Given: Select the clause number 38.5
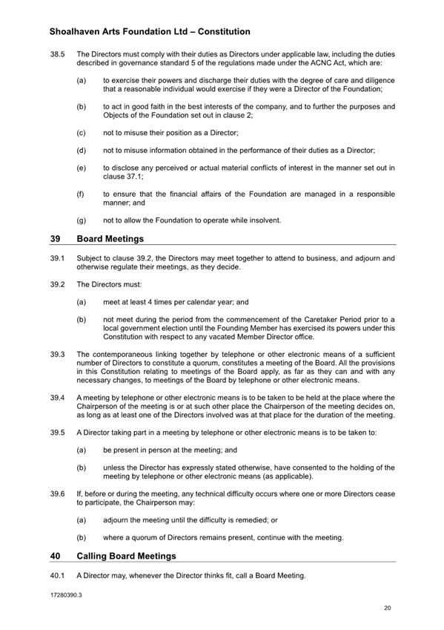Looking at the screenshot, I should [x=59, y=55].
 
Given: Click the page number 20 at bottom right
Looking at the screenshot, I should [x=388, y=608].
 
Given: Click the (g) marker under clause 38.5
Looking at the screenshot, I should [x=81, y=220].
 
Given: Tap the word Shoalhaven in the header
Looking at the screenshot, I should [x=81, y=32].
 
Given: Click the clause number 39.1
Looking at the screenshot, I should [x=59, y=258].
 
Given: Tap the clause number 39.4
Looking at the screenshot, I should [x=59, y=398].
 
